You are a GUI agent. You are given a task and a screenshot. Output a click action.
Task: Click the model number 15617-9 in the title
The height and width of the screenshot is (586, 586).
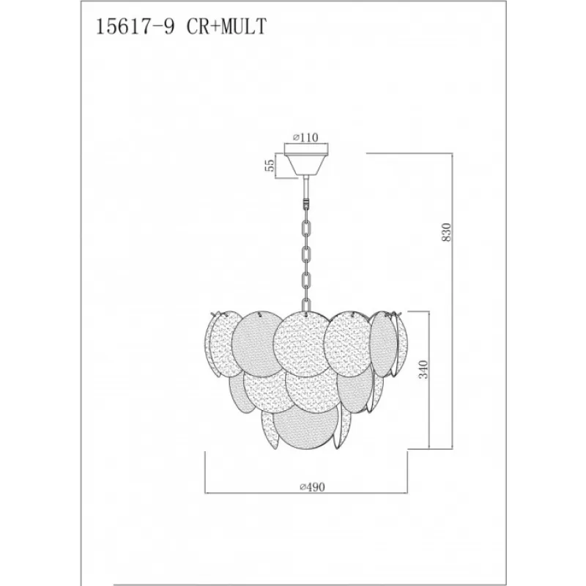pyautogui.click(x=136, y=27)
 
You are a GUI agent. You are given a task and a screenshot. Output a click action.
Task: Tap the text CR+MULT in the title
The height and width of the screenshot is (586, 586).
pyautogui.click(x=226, y=27)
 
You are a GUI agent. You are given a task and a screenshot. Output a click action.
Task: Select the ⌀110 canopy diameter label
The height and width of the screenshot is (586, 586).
pyautogui.click(x=305, y=138)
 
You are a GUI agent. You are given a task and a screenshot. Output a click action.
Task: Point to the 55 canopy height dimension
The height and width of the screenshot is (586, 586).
pyautogui.click(x=270, y=165)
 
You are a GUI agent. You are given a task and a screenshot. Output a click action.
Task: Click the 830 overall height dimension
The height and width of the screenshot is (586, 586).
pyautogui.click(x=447, y=231)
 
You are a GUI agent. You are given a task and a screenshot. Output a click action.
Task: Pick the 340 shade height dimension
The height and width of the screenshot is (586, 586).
pyautogui.click(x=423, y=369)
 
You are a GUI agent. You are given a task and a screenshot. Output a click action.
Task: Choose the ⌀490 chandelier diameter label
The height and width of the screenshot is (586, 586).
pyautogui.click(x=313, y=487)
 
